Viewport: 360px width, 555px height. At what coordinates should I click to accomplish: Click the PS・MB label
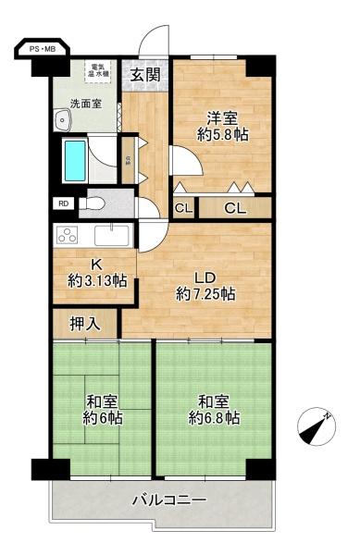point(42,48)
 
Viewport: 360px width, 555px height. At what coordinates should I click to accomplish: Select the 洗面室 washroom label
point(84,103)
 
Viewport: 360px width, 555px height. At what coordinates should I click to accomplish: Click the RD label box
point(63,203)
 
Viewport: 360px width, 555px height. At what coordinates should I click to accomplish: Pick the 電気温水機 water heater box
point(100,69)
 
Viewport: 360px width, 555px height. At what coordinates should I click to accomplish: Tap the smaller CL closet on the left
point(183,208)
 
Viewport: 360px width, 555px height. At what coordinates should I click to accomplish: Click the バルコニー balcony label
point(168,500)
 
